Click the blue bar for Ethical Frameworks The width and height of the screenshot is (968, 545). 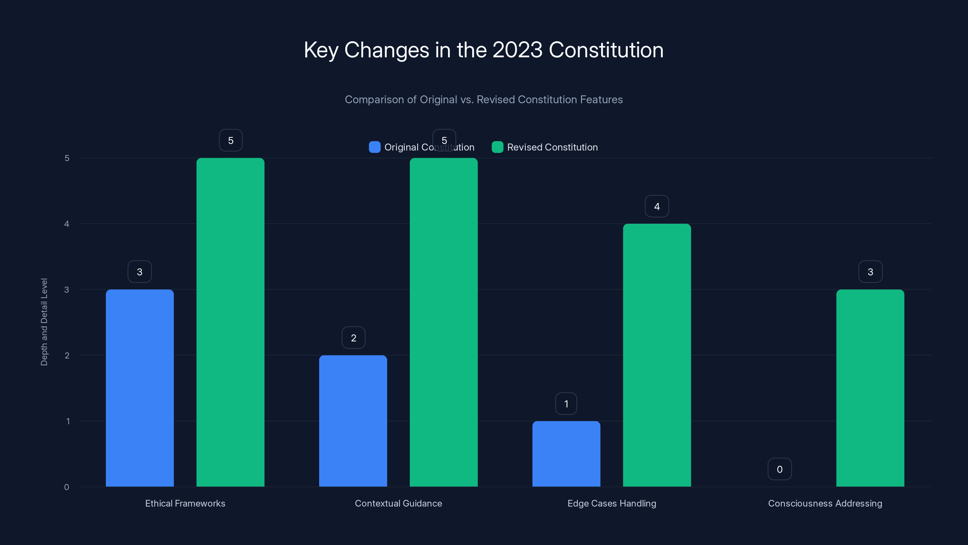[139, 388]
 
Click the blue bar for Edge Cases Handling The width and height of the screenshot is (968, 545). [566, 454]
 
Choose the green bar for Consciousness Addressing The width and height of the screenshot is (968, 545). [870, 388]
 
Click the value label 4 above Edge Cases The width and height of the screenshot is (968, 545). [656, 206]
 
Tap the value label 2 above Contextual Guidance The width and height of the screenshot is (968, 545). [353, 338]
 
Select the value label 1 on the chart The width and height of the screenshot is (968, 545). [566, 404]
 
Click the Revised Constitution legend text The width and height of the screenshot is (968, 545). [552, 147]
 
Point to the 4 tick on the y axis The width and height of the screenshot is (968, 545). [67, 224]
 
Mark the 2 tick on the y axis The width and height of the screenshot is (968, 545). [67, 355]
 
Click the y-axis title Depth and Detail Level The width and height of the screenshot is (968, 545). [44, 322]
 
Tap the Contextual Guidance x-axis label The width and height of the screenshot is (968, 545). [398, 503]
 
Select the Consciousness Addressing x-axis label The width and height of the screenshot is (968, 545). [825, 503]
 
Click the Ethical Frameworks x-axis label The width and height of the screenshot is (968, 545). [185, 503]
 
